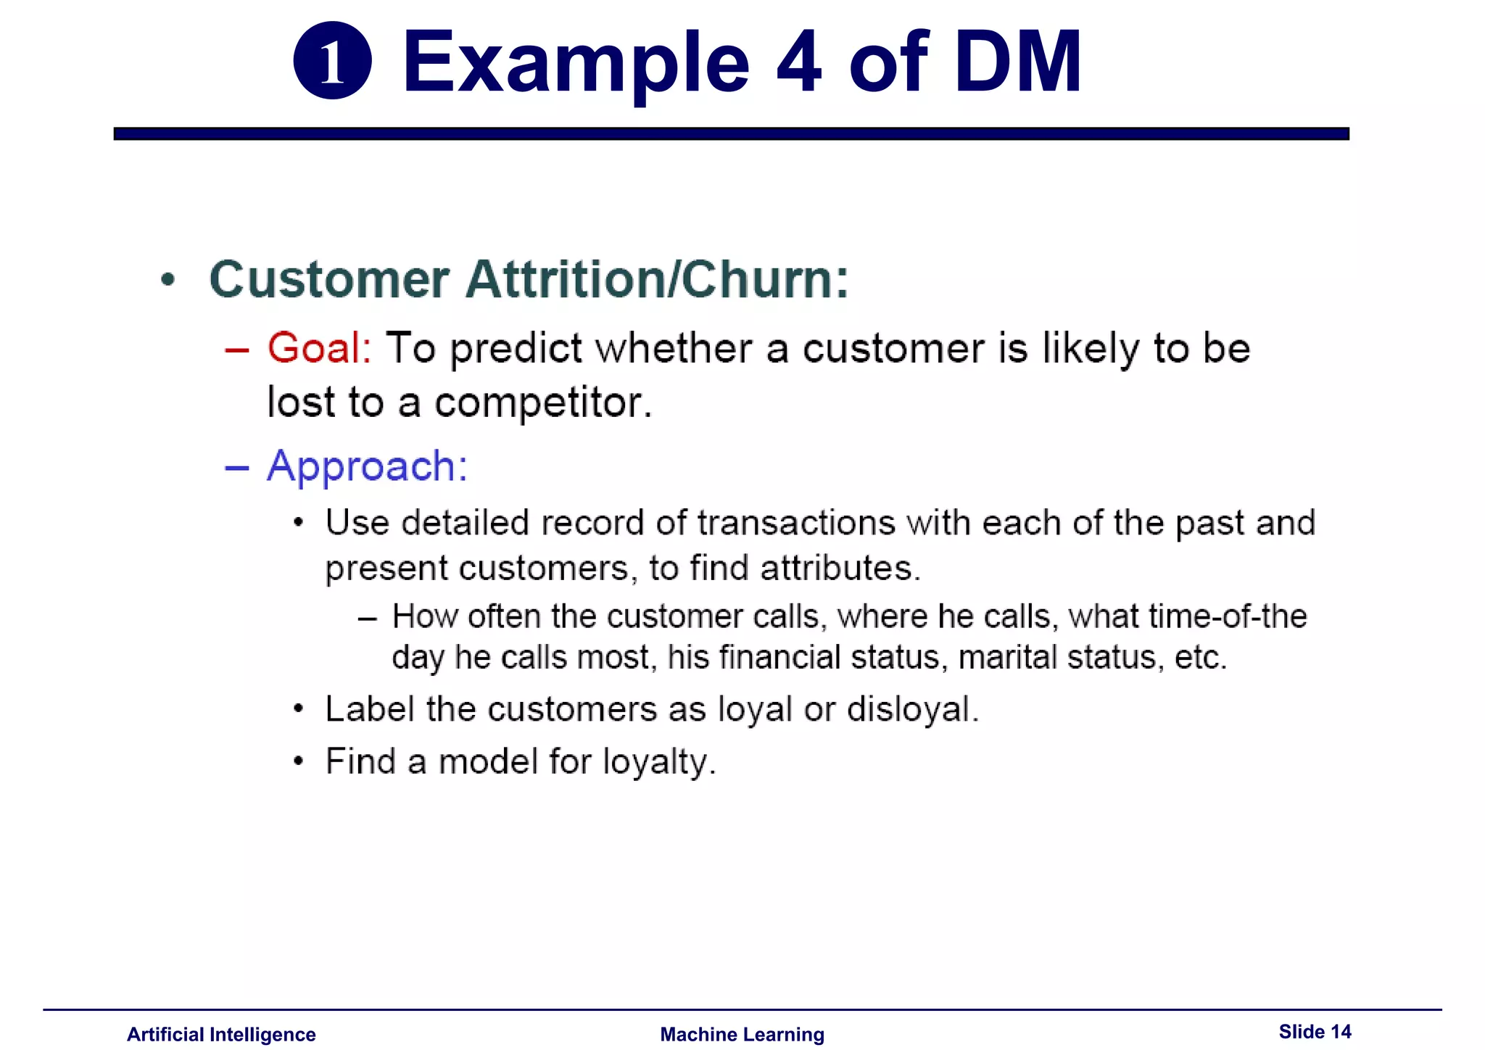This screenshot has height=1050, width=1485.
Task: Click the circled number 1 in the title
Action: coord(332,61)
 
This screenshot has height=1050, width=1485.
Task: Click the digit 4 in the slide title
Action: coord(798,63)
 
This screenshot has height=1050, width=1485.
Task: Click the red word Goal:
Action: coord(319,348)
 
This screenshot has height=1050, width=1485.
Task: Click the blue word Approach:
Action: coord(367,466)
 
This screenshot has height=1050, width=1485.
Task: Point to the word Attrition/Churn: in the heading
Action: coord(656,279)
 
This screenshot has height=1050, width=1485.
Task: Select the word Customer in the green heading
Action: coord(329,279)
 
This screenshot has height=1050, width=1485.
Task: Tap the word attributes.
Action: coord(840,568)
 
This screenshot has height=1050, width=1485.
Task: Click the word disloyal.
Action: coord(912,709)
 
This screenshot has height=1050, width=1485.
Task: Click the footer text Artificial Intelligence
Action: coord(221,1034)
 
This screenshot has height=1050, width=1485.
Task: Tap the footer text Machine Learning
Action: coord(742,1034)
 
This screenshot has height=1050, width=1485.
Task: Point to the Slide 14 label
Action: coord(1314,1031)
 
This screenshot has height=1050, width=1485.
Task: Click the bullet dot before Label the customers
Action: coord(298,708)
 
